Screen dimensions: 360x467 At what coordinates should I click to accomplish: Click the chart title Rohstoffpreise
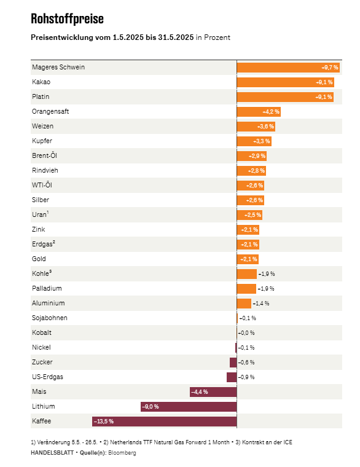pyautogui.click(x=68, y=19)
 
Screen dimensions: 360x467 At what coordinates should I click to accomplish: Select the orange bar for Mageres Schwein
pyautogui.click(x=288, y=68)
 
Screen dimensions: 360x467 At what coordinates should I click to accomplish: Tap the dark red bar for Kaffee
pyautogui.click(x=165, y=422)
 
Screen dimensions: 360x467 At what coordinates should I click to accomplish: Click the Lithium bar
pyautogui.click(x=189, y=407)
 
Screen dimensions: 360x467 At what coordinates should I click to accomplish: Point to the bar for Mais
pyautogui.click(x=213, y=392)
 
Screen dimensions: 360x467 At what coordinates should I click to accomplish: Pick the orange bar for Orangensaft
pyautogui.click(x=259, y=112)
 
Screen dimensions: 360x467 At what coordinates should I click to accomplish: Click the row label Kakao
pyautogui.click(x=41, y=82)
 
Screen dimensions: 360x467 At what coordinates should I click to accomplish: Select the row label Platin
pyautogui.click(x=41, y=97)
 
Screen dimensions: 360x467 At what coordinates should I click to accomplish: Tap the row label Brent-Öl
pyautogui.click(x=44, y=155)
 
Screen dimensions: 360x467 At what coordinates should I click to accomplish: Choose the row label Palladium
pyautogui.click(x=47, y=288)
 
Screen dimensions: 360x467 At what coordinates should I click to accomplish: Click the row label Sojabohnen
pyautogui.click(x=49, y=318)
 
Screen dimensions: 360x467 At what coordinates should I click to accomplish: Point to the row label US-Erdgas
pyautogui.click(x=47, y=377)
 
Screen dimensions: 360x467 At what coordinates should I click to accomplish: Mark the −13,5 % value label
pyautogui.click(x=104, y=422)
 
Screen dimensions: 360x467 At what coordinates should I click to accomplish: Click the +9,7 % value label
pyautogui.click(x=330, y=68)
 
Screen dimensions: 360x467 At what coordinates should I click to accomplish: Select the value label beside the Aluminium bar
pyautogui.click(x=261, y=304)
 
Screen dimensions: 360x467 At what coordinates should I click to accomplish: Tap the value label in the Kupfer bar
pyautogui.click(x=262, y=141)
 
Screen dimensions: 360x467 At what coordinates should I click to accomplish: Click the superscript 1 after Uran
pyautogui.click(x=48, y=213)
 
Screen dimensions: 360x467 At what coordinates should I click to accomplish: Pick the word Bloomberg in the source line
pyautogui.click(x=122, y=453)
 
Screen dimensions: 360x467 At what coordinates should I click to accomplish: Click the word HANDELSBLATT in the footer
pyautogui.click(x=52, y=453)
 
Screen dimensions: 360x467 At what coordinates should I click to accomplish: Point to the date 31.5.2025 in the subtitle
pyautogui.click(x=176, y=37)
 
